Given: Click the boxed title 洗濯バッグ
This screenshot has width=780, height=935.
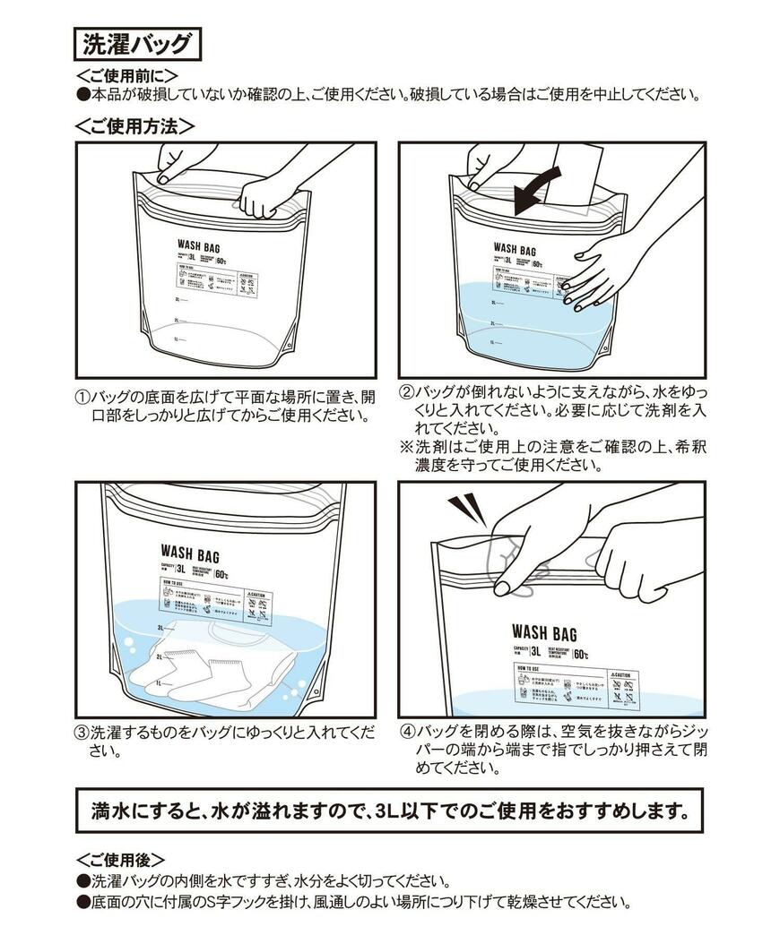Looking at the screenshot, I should [137, 43].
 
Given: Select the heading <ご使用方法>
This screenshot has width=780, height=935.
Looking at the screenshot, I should [134, 126].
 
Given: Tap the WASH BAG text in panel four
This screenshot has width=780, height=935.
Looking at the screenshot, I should [544, 632].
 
